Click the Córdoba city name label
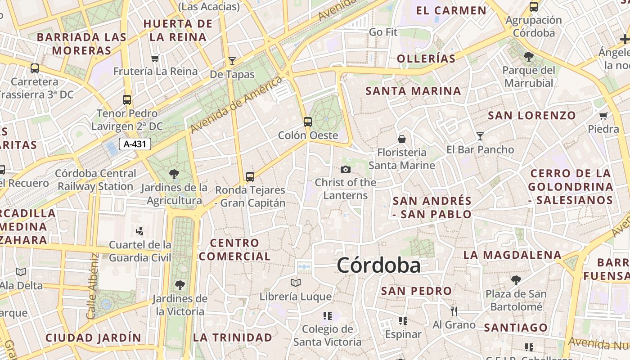click(x=378, y=265)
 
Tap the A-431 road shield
click(x=135, y=144)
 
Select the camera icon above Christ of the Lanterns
click(x=346, y=169)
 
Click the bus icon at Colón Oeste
click(x=308, y=121)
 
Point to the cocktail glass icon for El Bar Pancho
click(x=480, y=136)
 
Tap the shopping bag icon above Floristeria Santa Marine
click(x=402, y=139)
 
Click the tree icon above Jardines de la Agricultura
click(x=174, y=174)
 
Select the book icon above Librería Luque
click(x=296, y=283)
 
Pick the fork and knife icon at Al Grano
click(x=454, y=311)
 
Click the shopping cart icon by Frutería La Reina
click(x=155, y=58)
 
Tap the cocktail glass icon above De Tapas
click(x=232, y=61)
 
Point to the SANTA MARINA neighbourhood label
click(x=413, y=91)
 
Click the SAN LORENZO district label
click(x=532, y=115)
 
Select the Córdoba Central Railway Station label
click(x=95, y=180)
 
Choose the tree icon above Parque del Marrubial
click(x=529, y=57)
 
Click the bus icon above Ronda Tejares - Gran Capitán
click(x=250, y=177)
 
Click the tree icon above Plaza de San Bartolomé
click(x=516, y=280)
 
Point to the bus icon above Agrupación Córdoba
click(x=534, y=7)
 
